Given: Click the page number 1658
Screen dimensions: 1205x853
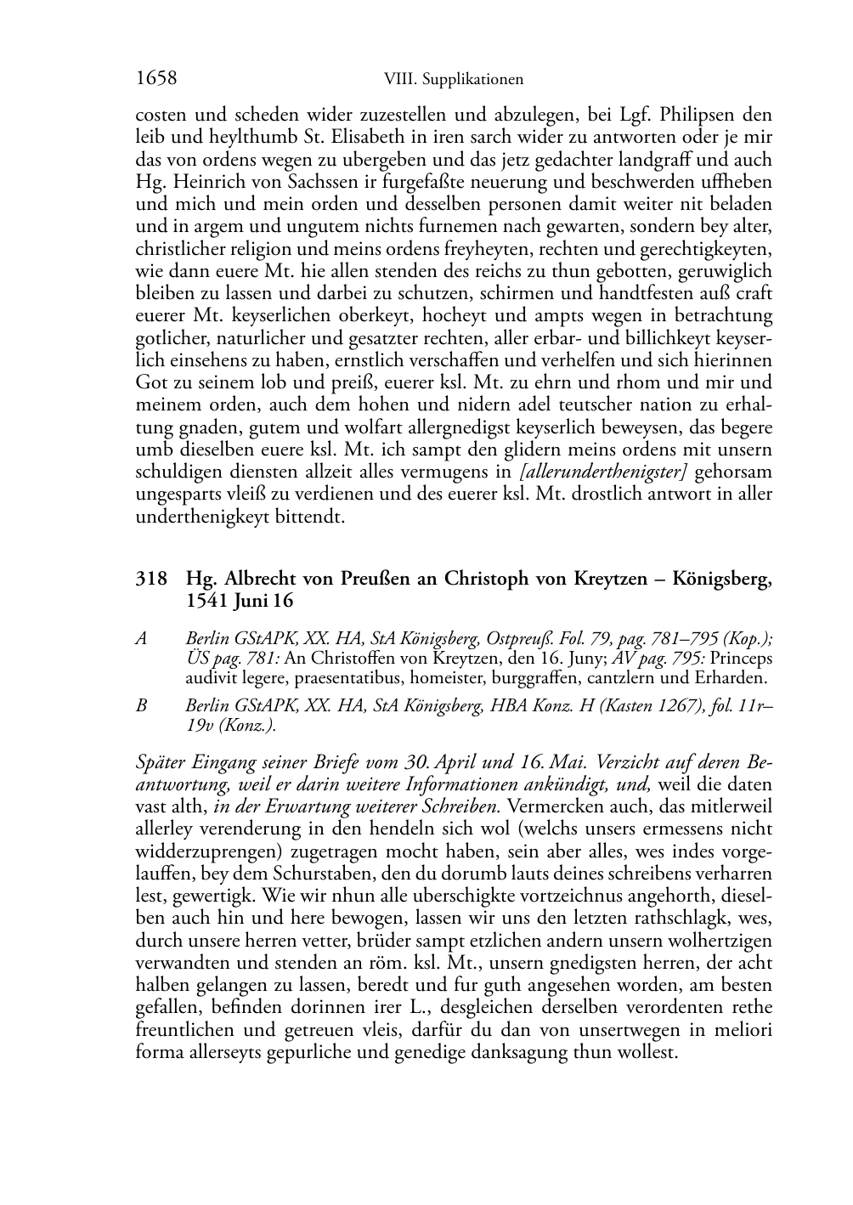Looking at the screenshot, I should [x=156, y=79].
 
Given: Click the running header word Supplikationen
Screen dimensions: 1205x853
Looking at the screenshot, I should [x=472, y=80].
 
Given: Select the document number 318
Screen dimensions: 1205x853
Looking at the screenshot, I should [x=150, y=580].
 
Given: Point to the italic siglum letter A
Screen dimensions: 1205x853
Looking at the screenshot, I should [x=142, y=638].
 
